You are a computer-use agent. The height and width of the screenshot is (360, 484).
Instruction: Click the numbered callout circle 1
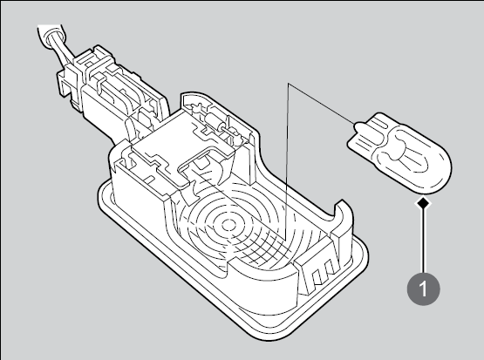424,289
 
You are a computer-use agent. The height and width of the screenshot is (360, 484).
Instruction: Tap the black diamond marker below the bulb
424,203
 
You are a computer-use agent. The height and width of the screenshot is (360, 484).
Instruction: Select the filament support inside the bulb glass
396,153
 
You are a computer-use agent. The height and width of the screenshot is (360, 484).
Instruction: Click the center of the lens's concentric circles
228,225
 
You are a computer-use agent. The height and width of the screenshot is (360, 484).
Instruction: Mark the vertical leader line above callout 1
424,241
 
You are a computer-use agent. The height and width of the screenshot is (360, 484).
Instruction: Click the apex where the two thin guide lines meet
288,83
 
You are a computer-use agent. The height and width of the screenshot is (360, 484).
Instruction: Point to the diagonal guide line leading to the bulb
321,104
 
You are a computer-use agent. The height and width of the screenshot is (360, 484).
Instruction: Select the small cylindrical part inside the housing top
214,120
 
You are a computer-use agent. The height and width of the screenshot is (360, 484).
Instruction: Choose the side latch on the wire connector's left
66,81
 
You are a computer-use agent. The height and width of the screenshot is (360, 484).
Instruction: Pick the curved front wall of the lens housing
262,284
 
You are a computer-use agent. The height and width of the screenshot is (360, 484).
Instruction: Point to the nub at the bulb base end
358,126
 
